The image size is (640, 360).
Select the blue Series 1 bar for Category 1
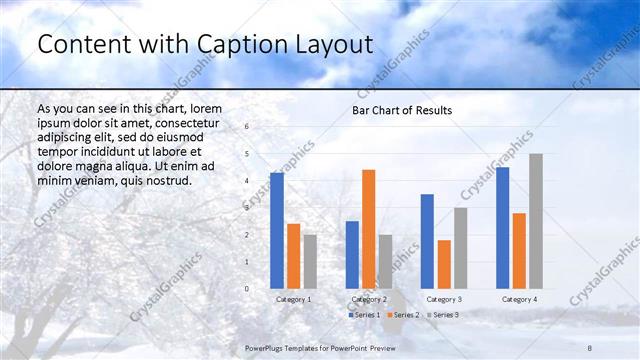[277, 230]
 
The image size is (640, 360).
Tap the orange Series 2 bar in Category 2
[369, 229]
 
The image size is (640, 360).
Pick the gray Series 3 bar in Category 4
[536, 221]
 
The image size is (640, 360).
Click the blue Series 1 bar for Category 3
[427, 241]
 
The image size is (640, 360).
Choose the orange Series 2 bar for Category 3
[444, 264]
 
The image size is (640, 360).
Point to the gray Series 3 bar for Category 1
[310, 261]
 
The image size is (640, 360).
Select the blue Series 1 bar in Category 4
[502, 227]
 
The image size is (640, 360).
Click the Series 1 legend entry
[366, 315]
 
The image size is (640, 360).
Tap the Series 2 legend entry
[403, 315]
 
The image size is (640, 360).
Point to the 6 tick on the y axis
[247, 127]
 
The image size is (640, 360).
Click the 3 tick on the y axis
[247, 208]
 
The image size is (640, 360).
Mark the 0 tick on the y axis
[247, 289]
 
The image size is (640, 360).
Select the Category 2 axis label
[369, 299]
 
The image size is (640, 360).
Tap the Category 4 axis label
[519, 299]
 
